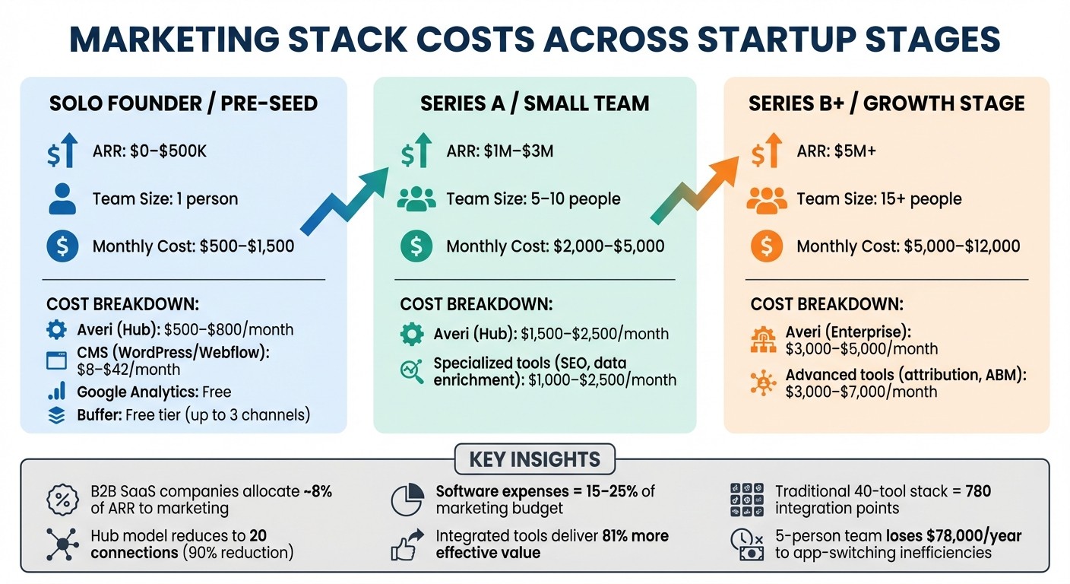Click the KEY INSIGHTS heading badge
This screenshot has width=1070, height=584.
click(534, 459)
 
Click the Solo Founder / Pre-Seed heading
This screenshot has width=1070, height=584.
click(183, 103)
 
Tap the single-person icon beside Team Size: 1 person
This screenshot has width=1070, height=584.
click(62, 199)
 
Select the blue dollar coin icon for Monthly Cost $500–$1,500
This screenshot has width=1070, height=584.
click(62, 246)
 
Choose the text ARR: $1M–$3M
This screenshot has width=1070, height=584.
click(499, 151)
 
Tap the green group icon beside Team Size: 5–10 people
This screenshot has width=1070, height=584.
click(416, 199)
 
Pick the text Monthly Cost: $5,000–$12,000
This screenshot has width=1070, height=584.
click(908, 246)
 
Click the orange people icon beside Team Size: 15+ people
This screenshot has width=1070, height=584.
click(767, 199)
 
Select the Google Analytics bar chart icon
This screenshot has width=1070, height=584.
click(56, 392)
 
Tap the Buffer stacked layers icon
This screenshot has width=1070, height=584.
click(56, 415)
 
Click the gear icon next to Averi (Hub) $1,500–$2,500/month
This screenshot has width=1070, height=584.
click(411, 334)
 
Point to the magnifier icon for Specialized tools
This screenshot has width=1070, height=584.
click(411, 371)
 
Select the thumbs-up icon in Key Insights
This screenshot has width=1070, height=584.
click(407, 544)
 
